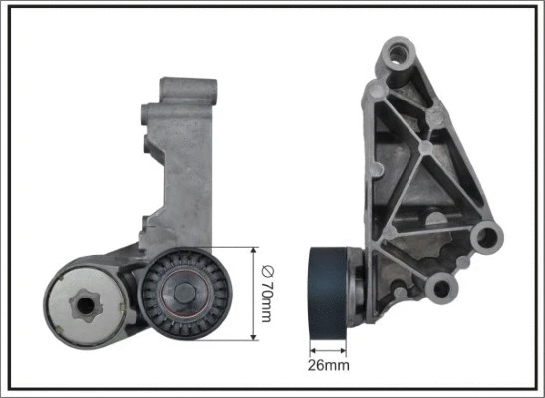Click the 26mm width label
coord(330,366)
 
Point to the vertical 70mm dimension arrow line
coord(255,295)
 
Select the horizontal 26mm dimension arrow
coord(330,348)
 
